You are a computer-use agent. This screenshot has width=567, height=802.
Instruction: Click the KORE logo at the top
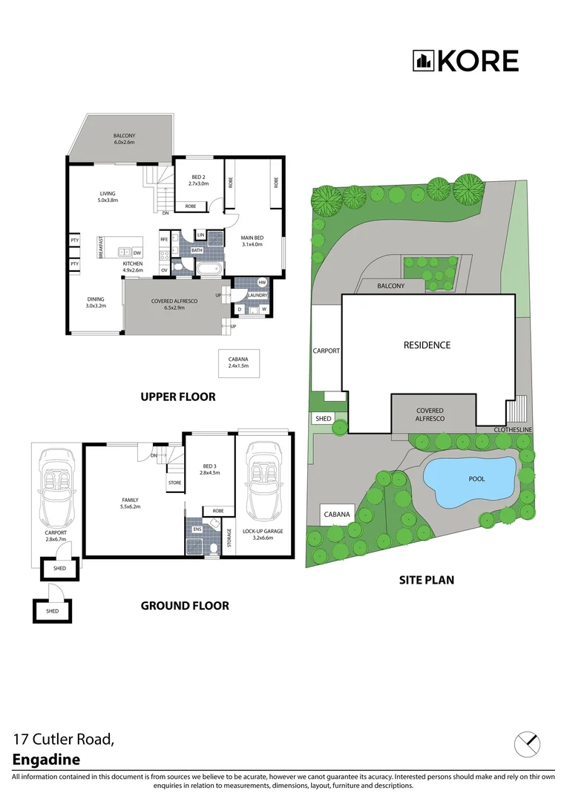pos(465,61)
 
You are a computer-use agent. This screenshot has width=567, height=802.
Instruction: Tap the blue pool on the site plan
pos(468,480)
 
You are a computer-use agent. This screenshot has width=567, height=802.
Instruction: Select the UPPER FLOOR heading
pos(178,397)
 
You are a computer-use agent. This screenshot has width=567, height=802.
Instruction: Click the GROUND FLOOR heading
pos(185,605)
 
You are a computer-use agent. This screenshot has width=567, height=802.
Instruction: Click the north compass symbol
pos(527,743)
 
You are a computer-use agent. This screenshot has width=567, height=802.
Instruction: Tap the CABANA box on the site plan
pos(337,514)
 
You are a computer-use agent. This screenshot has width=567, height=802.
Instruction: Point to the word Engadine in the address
pos(46,759)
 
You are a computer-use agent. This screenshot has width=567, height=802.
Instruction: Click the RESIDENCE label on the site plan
pos(427,345)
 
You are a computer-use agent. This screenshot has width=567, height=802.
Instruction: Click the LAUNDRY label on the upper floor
pos(258,295)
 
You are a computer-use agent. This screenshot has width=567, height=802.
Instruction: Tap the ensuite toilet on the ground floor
pos(213,548)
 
